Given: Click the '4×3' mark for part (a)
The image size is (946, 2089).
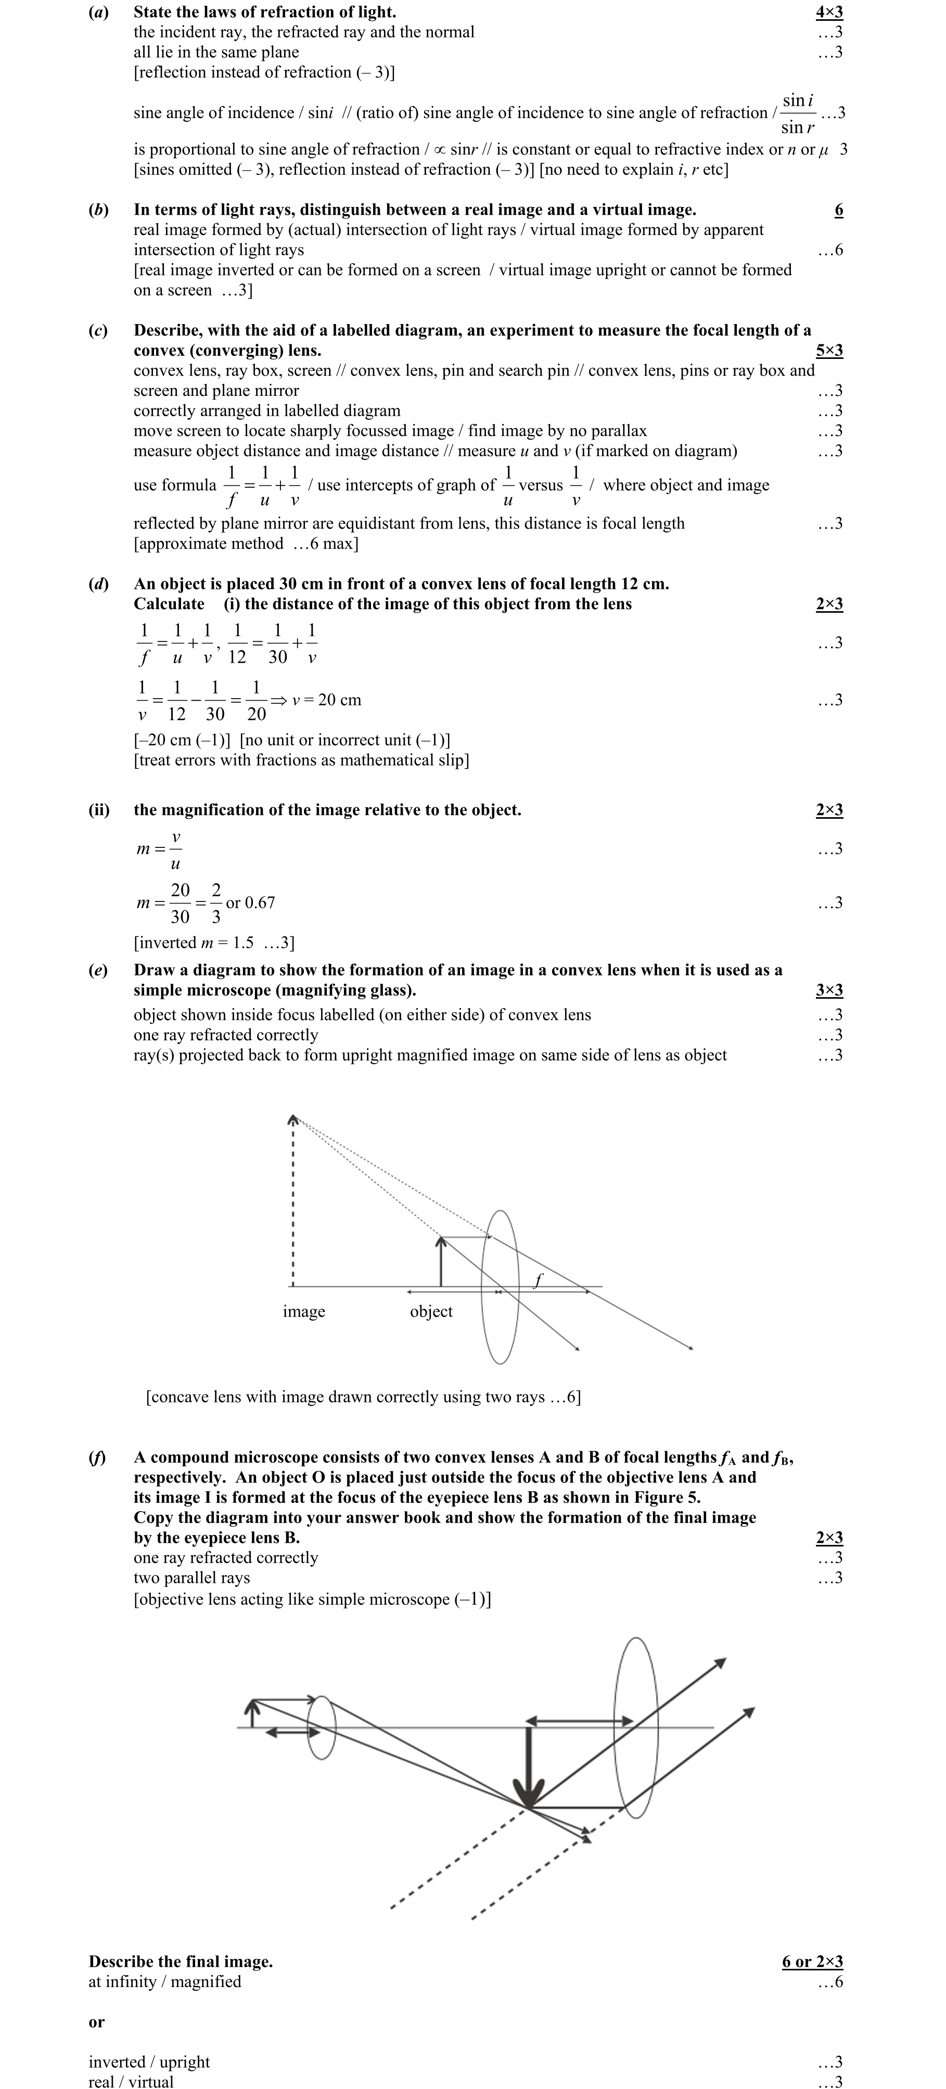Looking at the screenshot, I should click(x=828, y=12).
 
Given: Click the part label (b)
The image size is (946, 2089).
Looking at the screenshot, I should click(x=98, y=210).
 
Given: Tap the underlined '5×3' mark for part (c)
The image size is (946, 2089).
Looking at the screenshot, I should click(x=828, y=350).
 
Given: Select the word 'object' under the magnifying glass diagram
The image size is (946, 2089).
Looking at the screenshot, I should click(x=431, y=1311).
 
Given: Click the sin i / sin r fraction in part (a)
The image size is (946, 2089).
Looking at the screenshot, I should click(x=798, y=113).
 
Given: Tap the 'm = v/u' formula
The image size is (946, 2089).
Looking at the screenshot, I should click(x=159, y=849).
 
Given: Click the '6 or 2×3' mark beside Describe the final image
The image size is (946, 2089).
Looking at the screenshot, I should click(x=812, y=1962).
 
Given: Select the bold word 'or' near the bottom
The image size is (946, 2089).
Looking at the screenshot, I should click(x=97, y=2022).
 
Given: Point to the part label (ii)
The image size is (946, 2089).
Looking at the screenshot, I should click(x=99, y=810).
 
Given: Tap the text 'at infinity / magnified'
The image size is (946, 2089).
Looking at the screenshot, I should click(x=165, y=1982).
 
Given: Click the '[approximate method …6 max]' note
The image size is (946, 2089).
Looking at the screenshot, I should click(x=246, y=544).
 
